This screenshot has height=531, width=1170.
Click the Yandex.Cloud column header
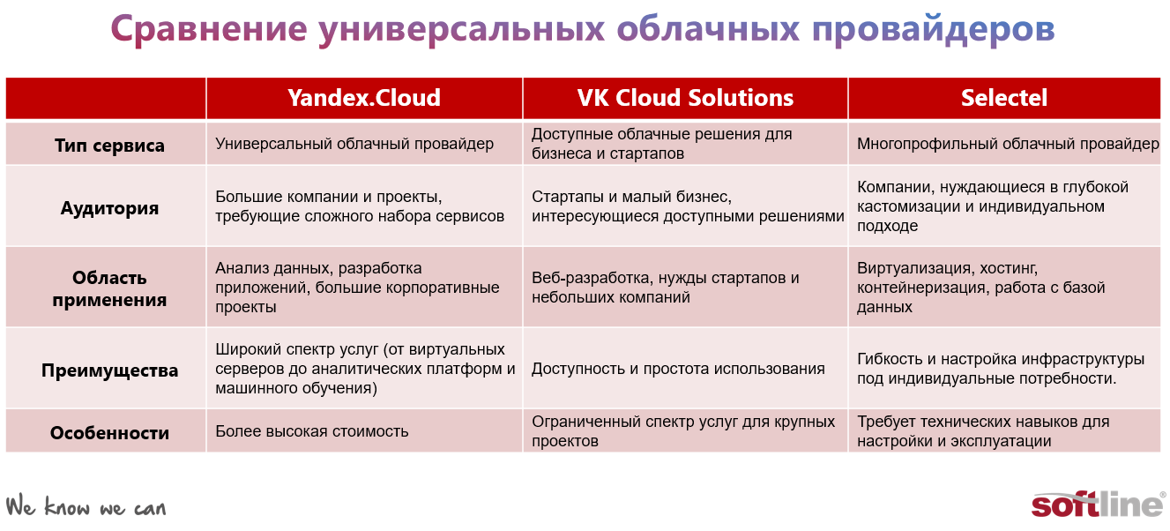(x=364, y=98)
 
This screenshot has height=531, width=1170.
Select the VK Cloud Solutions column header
(x=685, y=98)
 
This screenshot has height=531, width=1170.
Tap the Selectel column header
(x=1004, y=98)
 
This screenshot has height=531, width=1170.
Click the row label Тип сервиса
(x=109, y=146)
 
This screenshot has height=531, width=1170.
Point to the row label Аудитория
(x=109, y=208)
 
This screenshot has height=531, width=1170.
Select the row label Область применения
(x=109, y=288)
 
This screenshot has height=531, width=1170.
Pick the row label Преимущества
(x=109, y=370)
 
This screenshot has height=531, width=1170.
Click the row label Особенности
(x=109, y=433)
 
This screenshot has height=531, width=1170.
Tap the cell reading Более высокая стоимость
(x=312, y=431)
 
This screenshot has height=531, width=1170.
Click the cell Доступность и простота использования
(x=678, y=369)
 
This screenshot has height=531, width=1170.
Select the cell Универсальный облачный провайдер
(x=354, y=144)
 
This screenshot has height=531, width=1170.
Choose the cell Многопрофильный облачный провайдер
(x=1008, y=144)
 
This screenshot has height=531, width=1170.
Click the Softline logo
(x=1098, y=505)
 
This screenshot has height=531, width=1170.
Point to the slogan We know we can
(x=86, y=506)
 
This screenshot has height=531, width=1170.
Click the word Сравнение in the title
(x=208, y=29)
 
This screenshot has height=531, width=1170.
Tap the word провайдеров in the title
(x=934, y=30)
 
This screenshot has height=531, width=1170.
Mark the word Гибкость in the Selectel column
(x=890, y=359)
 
